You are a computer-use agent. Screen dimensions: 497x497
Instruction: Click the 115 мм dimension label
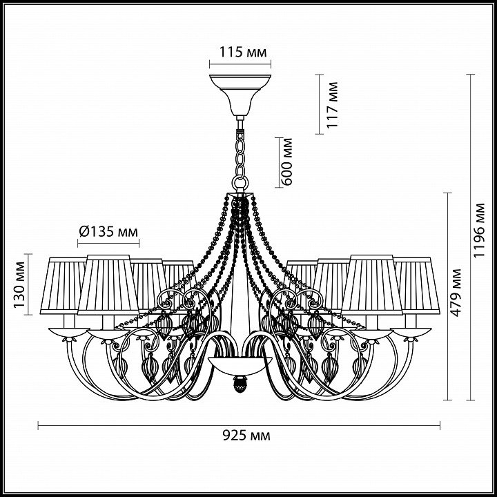click(243, 52)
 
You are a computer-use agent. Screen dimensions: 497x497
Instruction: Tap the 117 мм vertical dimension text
click(332, 105)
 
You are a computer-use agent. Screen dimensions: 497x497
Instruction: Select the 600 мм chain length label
click(287, 162)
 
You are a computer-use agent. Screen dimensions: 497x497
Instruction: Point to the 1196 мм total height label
click(478, 231)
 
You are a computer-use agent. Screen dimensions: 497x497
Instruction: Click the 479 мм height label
click(456, 293)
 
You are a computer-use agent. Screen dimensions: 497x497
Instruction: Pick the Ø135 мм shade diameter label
click(108, 232)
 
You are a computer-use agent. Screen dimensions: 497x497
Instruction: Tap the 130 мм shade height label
click(19, 284)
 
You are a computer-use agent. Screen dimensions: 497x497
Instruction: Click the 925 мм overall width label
click(246, 436)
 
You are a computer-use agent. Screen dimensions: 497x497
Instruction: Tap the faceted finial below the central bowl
click(240, 384)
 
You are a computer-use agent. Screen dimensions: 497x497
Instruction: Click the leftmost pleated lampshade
click(64, 286)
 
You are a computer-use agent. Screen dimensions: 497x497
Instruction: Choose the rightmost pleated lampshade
click(417, 286)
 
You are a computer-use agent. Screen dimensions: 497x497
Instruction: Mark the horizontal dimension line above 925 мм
click(239, 425)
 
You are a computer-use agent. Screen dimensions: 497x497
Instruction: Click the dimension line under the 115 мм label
click(240, 64)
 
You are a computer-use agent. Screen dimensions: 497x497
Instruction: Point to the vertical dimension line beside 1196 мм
click(470, 237)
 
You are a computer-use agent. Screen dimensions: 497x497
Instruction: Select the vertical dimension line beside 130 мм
click(28, 284)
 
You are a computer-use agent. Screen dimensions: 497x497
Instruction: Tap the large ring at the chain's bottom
click(240, 184)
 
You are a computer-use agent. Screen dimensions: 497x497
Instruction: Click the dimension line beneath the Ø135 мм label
click(108, 244)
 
